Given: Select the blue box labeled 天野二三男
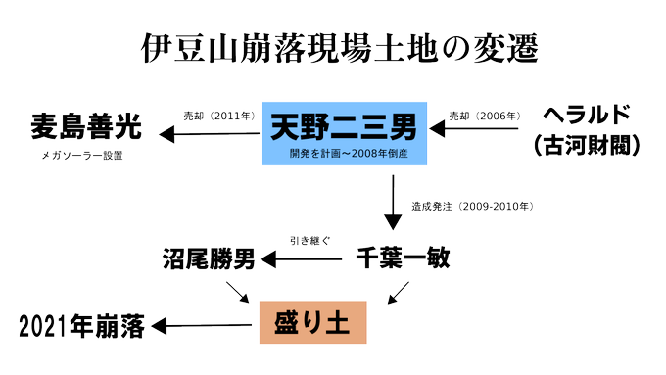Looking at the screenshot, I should [x=342, y=134].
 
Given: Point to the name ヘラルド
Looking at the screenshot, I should [x=589, y=112].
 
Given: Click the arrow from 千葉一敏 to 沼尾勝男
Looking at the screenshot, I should [x=304, y=259].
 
